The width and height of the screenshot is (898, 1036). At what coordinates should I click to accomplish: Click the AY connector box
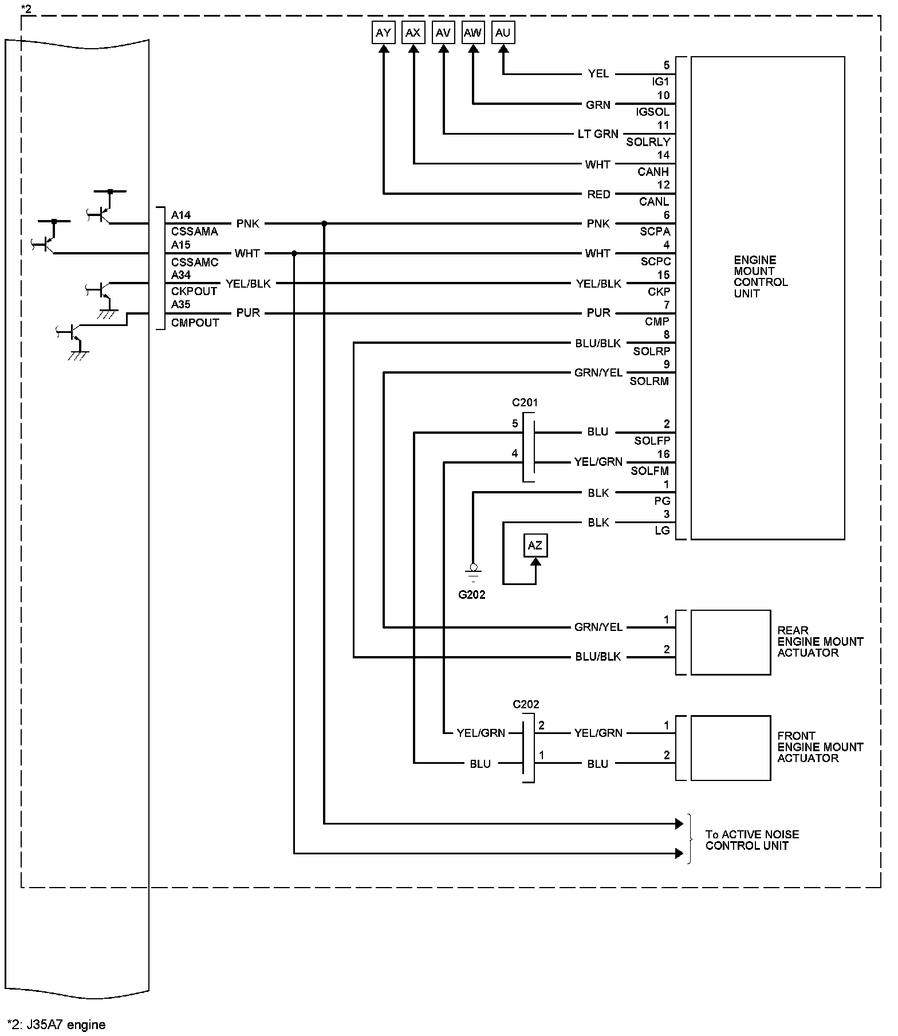(x=383, y=33)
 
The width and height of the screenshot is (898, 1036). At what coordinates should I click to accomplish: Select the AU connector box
(x=503, y=33)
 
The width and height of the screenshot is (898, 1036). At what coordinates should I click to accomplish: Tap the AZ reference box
(x=535, y=546)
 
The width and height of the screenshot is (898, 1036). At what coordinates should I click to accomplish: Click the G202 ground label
(x=472, y=595)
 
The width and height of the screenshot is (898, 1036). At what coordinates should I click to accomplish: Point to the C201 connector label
(x=525, y=403)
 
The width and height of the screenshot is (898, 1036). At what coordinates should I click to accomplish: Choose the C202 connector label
(x=526, y=704)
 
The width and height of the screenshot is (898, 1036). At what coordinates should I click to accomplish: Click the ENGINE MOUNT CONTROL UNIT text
(x=761, y=277)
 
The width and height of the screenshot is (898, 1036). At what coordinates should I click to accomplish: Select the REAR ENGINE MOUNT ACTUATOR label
(x=820, y=642)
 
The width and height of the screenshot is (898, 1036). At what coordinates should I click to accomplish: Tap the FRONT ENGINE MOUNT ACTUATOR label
(x=820, y=747)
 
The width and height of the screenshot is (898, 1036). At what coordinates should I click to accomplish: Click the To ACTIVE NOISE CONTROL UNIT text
(x=752, y=840)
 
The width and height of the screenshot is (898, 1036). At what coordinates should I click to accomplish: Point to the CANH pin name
(x=653, y=172)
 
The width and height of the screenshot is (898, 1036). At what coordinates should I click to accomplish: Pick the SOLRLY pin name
(x=648, y=142)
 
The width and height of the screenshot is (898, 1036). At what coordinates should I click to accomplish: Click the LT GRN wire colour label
(x=598, y=134)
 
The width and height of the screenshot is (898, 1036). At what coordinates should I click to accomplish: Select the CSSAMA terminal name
(x=195, y=231)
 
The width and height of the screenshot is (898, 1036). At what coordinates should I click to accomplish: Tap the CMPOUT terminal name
(x=195, y=323)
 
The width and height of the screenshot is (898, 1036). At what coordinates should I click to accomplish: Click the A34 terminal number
(x=181, y=275)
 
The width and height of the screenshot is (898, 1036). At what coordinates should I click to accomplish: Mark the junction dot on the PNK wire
(x=324, y=223)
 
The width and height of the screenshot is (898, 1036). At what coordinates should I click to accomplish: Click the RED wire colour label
(x=599, y=194)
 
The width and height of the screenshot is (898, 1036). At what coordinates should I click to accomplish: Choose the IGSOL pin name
(x=653, y=112)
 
